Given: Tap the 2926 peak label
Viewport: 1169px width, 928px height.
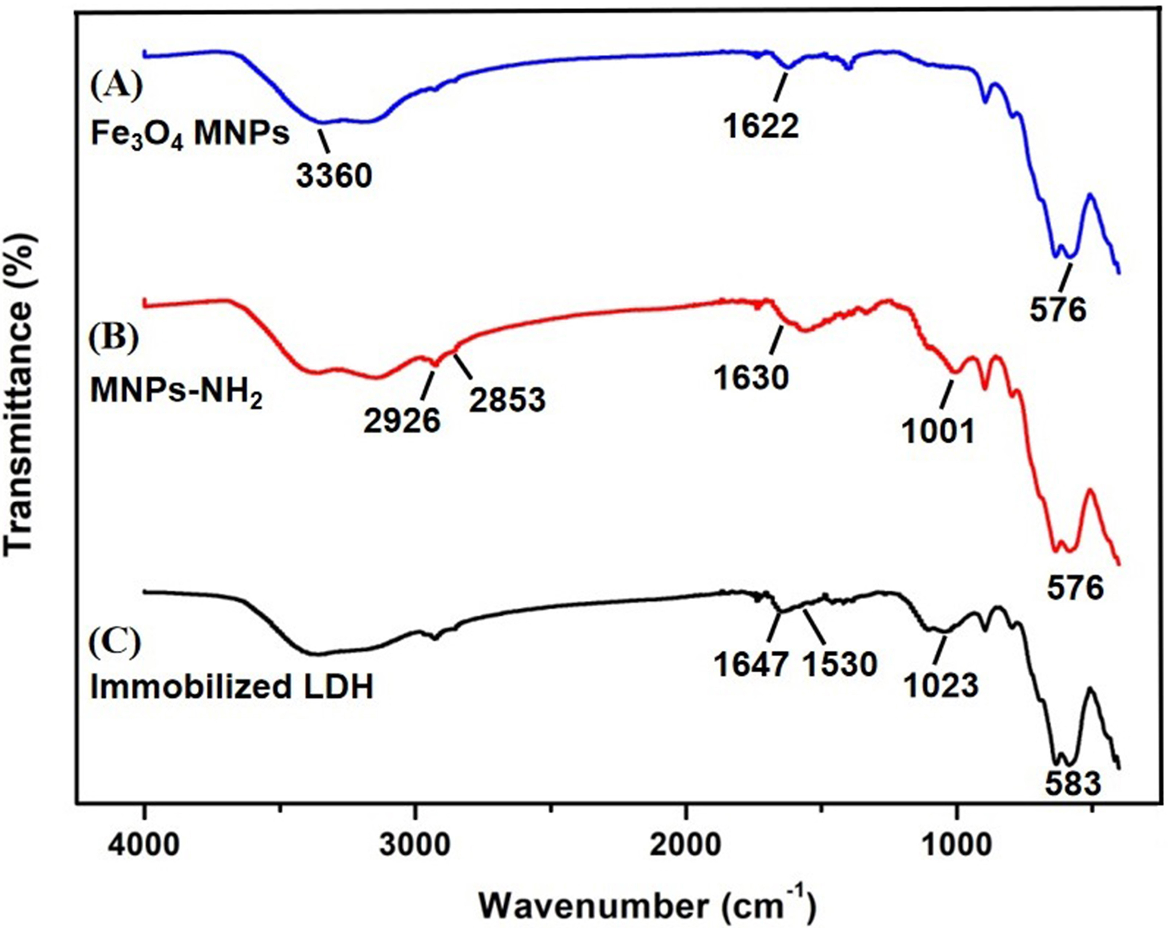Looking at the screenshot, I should click(402, 421).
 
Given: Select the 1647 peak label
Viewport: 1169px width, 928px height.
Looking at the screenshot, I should click(751, 664).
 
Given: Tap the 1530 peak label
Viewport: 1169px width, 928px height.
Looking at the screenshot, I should click(840, 664).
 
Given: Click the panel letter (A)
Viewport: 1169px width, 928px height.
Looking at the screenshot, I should click(117, 86).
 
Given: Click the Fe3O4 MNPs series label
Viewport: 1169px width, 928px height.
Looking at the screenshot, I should click(190, 134).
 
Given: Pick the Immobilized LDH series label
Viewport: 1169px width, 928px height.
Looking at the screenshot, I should click(232, 688).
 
